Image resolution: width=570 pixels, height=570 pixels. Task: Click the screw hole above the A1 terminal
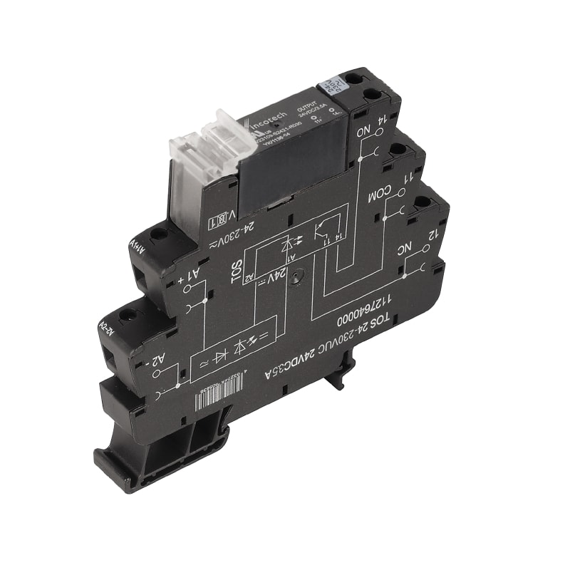pos(158,233)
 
